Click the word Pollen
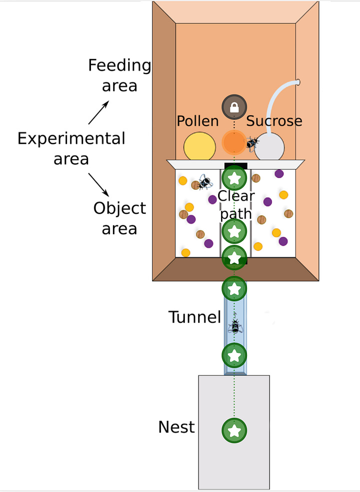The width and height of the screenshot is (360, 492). pyautogui.click(x=197, y=121)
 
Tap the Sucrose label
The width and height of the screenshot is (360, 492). pyautogui.click(x=274, y=121)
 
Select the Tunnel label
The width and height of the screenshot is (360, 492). pyautogui.click(x=194, y=317)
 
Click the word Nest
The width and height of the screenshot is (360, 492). pyautogui.click(x=176, y=427)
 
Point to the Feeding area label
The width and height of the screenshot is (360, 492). pyautogui.click(x=119, y=75)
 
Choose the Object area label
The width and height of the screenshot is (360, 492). pyautogui.click(x=119, y=218)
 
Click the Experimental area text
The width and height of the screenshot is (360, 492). pyautogui.click(x=71, y=148)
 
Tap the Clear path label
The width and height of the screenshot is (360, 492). pyautogui.click(x=236, y=204)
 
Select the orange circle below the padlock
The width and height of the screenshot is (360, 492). pyautogui.click(x=234, y=142)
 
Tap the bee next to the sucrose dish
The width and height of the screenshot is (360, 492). pyautogui.click(x=252, y=144)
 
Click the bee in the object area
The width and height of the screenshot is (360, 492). pyautogui.click(x=204, y=182)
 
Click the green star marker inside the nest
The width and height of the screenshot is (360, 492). pyautogui.click(x=234, y=430)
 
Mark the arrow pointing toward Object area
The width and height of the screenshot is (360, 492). pyautogui.click(x=99, y=184)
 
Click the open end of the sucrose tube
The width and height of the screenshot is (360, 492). pyautogui.click(x=298, y=81)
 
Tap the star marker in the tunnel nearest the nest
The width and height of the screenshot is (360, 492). pyautogui.click(x=235, y=355)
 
